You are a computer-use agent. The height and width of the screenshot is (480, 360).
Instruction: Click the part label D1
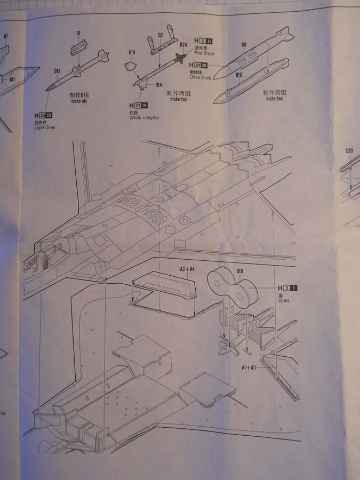78,34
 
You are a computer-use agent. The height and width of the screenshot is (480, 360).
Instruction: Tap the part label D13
57,71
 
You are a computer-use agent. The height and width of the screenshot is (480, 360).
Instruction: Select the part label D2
161,35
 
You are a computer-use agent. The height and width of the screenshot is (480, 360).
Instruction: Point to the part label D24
183,44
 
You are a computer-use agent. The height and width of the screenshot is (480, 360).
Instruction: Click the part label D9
244,44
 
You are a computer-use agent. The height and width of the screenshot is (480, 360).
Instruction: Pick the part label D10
238,75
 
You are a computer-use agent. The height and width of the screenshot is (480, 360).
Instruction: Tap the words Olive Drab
199,78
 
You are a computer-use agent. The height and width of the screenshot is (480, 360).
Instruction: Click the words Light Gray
45,128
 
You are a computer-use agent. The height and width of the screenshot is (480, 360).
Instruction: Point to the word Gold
283,301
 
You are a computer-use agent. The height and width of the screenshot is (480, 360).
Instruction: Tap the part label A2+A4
187,270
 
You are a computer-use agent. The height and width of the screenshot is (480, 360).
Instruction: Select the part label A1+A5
249,367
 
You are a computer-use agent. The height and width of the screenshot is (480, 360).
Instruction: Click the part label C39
349,151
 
